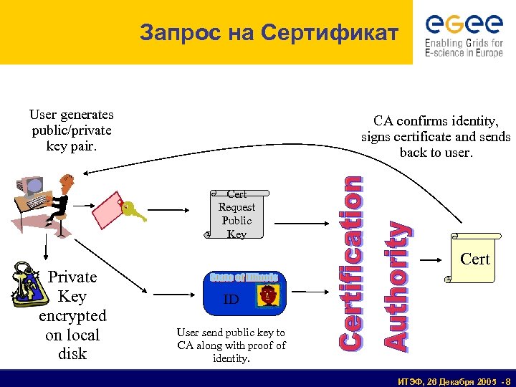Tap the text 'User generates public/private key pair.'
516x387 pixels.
pyautogui.click(x=71, y=130)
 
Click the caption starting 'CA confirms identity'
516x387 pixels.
pyautogui.click(x=436, y=137)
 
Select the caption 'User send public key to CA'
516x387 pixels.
pyautogui.click(x=231, y=345)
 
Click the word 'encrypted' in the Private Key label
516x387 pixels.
pyautogui.click(x=72, y=315)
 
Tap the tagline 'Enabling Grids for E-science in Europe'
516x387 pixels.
pyautogui.click(x=464, y=48)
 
